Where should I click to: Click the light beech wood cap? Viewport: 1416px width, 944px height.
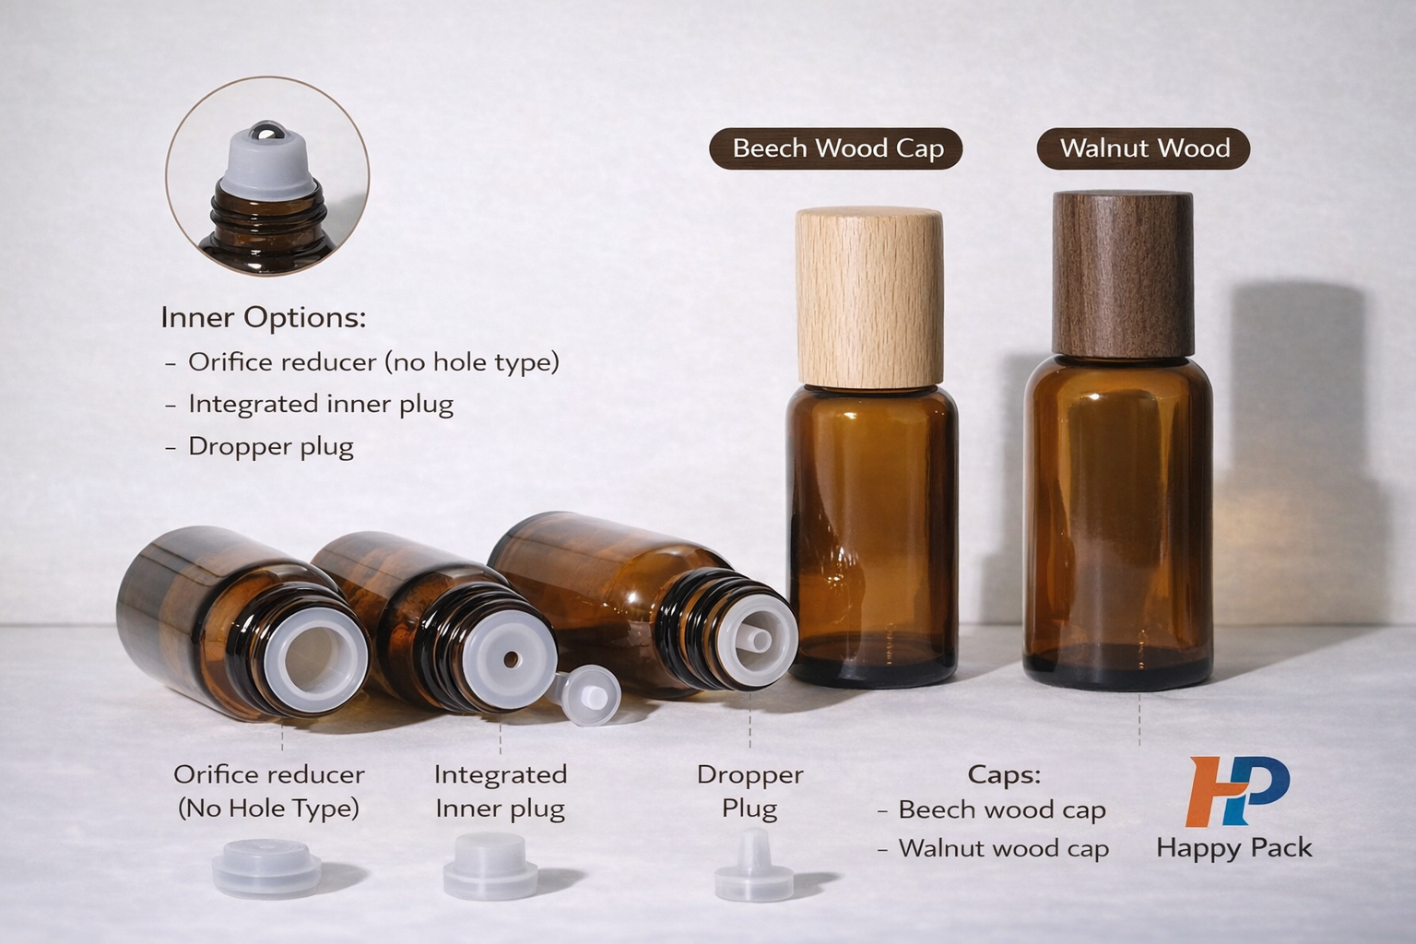click(x=868, y=295)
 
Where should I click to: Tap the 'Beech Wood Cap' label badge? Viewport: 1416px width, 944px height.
click(x=836, y=148)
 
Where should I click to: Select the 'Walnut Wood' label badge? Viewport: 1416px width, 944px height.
click(x=1143, y=148)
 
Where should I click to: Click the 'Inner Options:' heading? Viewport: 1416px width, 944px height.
click(x=264, y=318)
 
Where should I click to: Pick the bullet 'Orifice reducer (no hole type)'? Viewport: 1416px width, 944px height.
click(x=372, y=362)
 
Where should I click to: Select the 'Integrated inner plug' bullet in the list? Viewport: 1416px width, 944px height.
click(x=320, y=405)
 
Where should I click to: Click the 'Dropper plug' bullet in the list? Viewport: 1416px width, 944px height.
click(x=270, y=447)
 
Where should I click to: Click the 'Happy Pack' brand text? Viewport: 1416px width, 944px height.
click(x=1233, y=848)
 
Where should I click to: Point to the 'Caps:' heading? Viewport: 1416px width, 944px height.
click(x=1004, y=774)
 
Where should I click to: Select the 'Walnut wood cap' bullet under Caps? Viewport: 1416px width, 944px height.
click(x=1003, y=848)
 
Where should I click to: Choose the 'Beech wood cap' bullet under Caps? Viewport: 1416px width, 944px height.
click(x=1001, y=809)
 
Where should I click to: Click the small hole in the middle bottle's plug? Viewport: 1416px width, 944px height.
click(x=510, y=659)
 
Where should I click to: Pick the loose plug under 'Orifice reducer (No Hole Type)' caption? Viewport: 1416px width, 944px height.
click(x=267, y=868)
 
